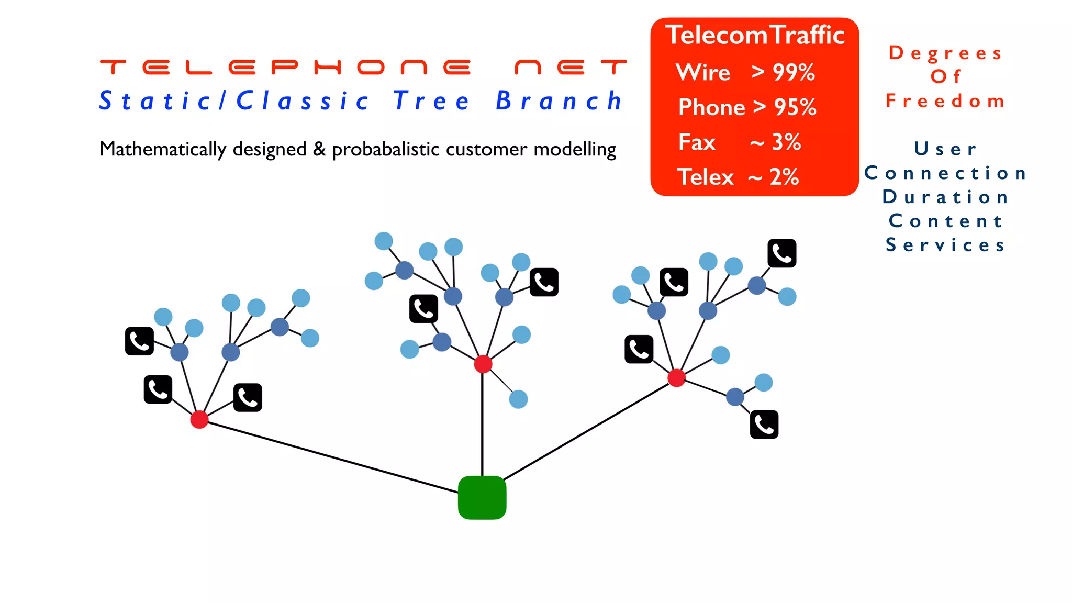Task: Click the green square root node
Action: [x=482, y=497]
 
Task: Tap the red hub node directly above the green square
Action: [x=483, y=364]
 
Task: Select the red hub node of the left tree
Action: [x=199, y=419]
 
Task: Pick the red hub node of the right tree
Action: [x=676, y=377]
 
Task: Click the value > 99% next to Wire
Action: [x=783, y=72]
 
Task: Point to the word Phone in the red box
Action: [x=711, y=107]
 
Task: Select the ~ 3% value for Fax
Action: [x=775, y=142]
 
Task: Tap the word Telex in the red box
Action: [x=705, y=177]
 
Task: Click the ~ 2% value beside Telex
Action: [x=773, y=177]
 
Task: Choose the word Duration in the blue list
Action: [x=945, y=197]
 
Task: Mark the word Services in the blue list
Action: [x=945, y=245]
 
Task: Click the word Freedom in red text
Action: [x=945, y=100]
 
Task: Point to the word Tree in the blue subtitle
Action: [x=431, y=101]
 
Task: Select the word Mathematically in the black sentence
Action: [x=163, y=149]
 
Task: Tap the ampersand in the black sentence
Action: [x=319, y=149]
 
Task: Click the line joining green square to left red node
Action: [x=330, y=456]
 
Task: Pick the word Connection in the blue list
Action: [x=945, y=173]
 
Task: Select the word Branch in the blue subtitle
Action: [x=559, y=101]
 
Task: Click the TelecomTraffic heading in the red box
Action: [x=755, y=35]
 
